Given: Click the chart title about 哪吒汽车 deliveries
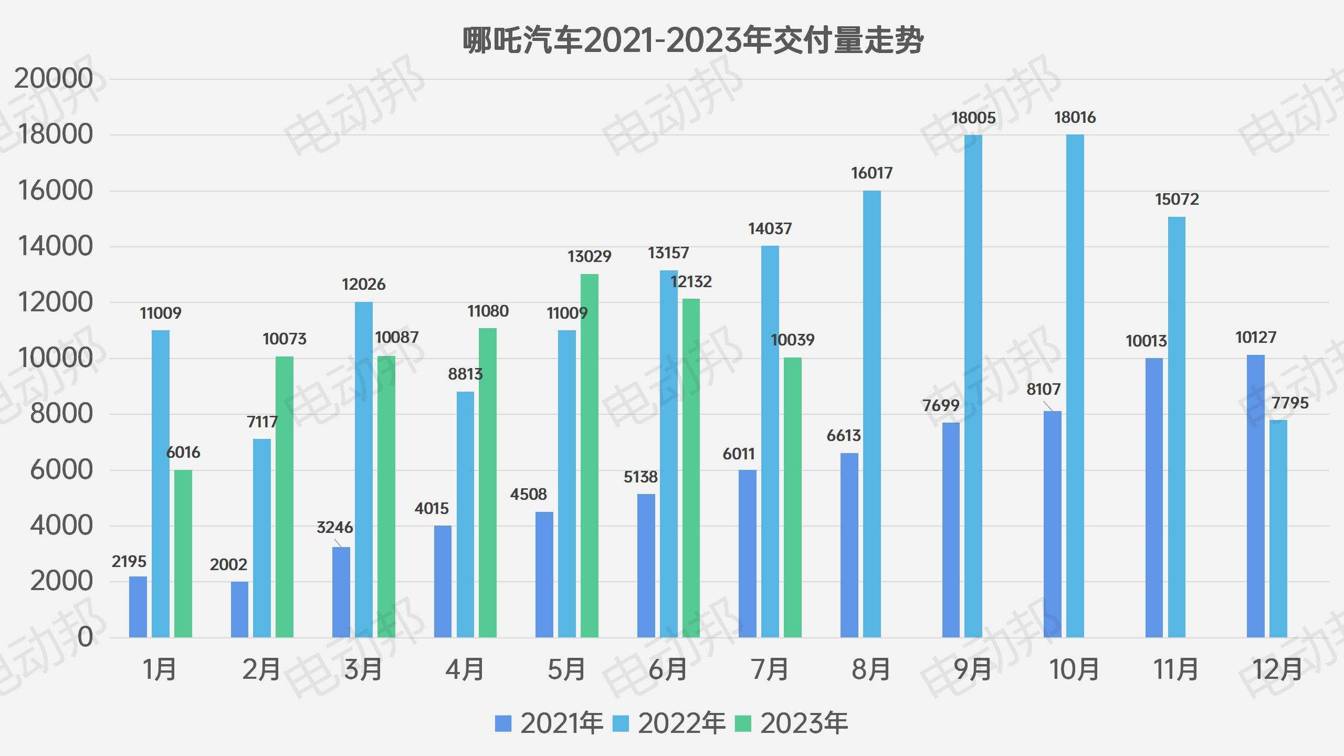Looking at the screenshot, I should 692,40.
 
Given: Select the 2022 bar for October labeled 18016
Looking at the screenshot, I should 1075,386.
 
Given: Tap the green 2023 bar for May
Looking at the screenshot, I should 589,456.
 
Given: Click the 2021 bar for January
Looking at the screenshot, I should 138,607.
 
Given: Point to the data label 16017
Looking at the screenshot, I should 871,173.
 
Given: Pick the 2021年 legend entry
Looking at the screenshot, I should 549,723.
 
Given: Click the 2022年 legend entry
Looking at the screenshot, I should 669,723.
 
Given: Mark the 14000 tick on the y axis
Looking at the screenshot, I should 55,246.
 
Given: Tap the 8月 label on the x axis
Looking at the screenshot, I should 871,669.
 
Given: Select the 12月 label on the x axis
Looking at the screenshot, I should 1277,669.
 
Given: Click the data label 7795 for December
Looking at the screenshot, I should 1290,403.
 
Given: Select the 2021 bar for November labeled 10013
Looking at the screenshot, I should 1154,498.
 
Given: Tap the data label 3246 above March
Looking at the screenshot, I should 334,527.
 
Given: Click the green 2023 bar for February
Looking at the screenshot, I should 285,497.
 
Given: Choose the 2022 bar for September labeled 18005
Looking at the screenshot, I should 973,386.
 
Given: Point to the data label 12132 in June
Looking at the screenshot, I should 691,282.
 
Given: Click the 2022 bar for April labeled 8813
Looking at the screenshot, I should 465,514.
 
